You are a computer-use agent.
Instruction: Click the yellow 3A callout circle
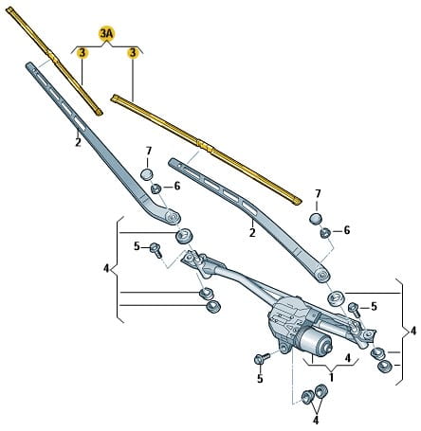[x=106, y=34]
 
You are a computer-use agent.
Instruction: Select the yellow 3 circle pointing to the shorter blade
[x=82, y=53]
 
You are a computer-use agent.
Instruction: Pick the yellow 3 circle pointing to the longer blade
[x=133, y=53]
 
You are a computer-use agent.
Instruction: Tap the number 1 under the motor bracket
[x=331, y=377]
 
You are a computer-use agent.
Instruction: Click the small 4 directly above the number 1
[x=348, y=358]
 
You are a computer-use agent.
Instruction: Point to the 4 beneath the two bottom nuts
[x=316, y=421]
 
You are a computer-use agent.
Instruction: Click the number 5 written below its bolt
[x=260, y=379]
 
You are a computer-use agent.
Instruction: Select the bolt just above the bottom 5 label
[x=262, y=358]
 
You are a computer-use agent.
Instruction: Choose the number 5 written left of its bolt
[x=137, y=246]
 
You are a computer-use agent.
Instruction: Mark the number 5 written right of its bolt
[x=374, y=306]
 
